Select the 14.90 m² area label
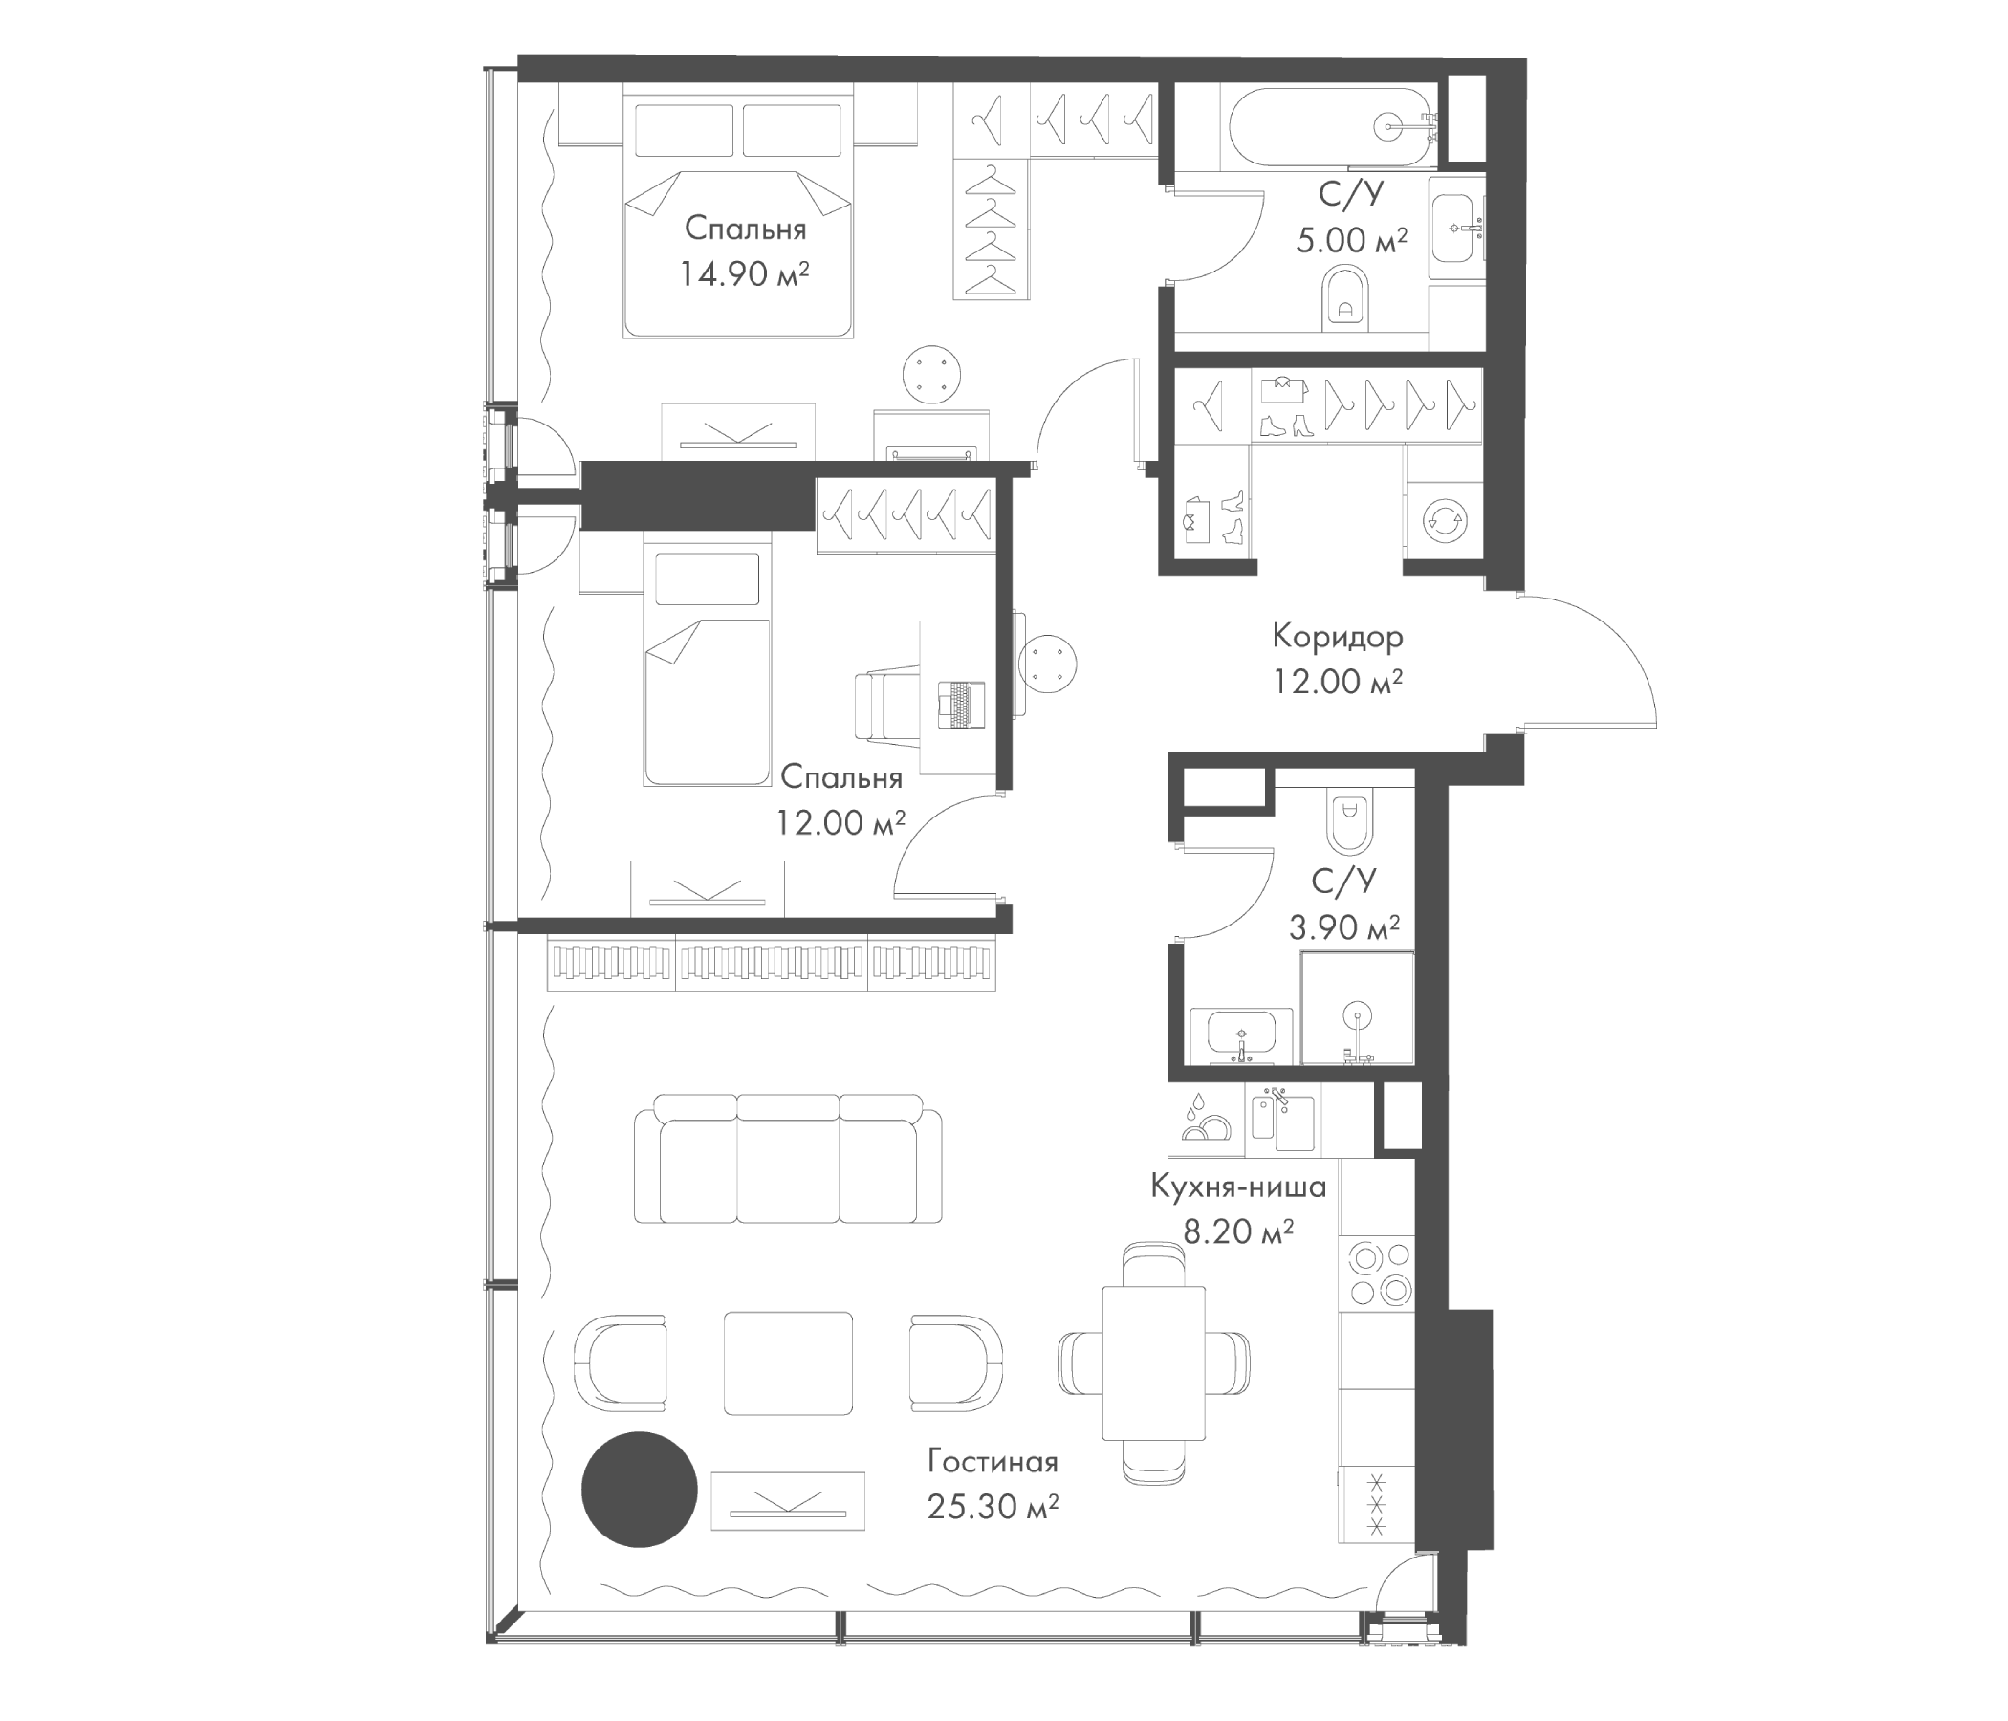click(x=743, y=274)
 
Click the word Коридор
click(x=1338, y=637)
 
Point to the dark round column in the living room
click(x=640, y=1490)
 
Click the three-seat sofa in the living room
click(x=788, y=1159)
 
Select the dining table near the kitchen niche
click(x=1153, y=1362)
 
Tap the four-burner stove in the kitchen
click(x=1376, y=1274)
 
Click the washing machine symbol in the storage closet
click(x=1443, y=520)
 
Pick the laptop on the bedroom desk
click(x=961, y=705)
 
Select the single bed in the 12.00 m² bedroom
click(x=708, y=668)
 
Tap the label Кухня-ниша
click(x=1238, y=1187)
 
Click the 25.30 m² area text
click(x=993, y=1507)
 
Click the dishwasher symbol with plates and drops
click(x=1206, y=1121)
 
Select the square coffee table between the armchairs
click(x=788, y=1362)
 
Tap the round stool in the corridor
click(x=1049, y=664)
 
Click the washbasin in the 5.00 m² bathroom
click(x=1456, y=229)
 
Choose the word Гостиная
click(x=993, y=1461)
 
